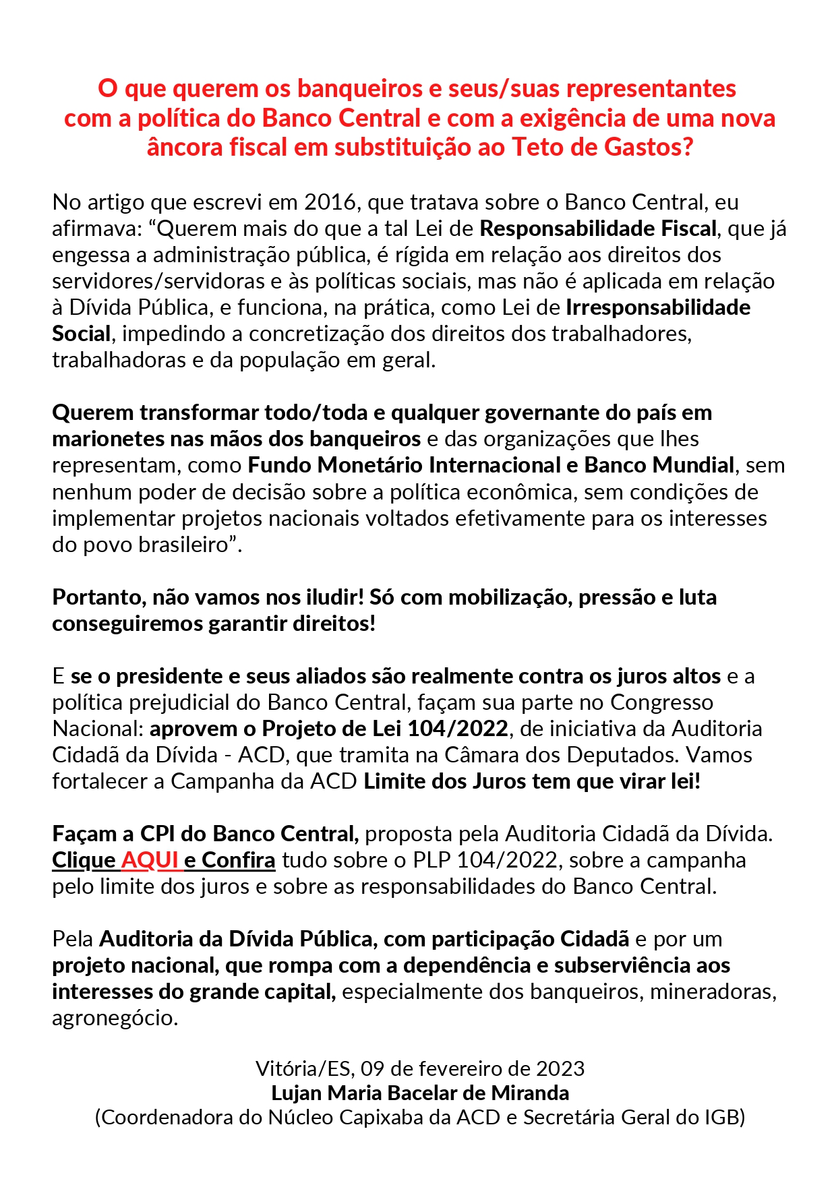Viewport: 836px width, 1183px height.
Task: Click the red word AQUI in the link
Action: click(x=149, y=860)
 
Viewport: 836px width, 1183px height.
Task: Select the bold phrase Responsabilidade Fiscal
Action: click(x=598, y=229)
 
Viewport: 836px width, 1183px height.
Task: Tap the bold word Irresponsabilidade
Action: click(x=658, y=307)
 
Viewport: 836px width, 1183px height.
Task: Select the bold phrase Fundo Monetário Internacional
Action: click(x=404, y=465)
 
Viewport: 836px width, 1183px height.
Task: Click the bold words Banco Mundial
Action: click(x=659, y=465)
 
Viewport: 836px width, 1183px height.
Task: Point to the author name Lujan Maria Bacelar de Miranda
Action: click(x=420, y=1093)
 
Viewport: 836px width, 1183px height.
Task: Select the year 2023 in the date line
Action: click(x=560, y=1068)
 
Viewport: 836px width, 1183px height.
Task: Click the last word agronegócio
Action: click(x=115, y=1018)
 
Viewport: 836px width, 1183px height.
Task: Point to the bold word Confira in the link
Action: click(x=239, y=860)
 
